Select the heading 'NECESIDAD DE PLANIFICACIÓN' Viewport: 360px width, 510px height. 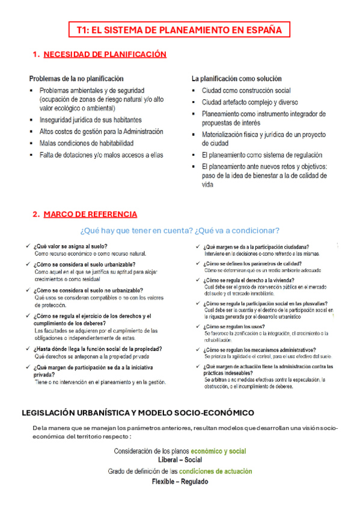click(x=105, y=55)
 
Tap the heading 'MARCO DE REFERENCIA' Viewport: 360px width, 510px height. click(x=90, y=214)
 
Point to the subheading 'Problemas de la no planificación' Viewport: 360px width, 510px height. click(x=77, y=79)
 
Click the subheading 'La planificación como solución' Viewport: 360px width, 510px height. click(x=236, y=79)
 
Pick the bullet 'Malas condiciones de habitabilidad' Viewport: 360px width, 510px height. click(x=87, y=143)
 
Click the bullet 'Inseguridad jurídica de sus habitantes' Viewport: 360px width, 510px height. click(x=91, y=120)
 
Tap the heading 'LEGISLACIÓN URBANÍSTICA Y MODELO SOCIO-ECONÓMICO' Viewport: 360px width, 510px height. click(x=138, y=413)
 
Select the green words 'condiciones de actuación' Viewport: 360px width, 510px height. click(x=216, y=472)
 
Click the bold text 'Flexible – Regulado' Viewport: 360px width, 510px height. click(x=180, y=482)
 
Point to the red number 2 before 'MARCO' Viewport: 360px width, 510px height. click(x=36, y=214)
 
